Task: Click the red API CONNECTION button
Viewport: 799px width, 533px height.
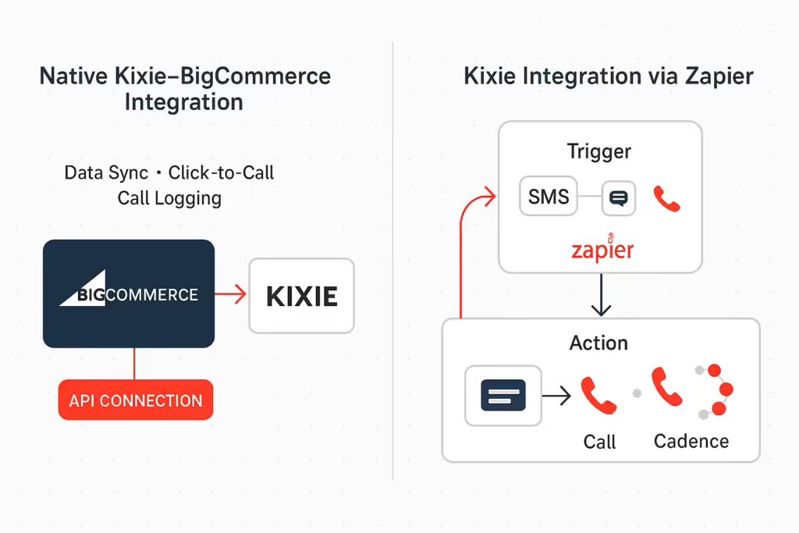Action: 136,400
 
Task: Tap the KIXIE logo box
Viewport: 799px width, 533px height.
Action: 302,296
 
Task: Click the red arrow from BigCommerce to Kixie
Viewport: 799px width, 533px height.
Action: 231,294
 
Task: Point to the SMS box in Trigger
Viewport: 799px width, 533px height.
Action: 549,196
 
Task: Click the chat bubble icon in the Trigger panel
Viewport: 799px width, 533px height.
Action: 619,197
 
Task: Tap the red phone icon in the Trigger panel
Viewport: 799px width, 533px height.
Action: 666,199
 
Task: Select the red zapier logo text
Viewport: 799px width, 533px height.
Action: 602,248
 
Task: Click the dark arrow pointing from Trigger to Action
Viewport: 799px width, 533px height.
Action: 602,295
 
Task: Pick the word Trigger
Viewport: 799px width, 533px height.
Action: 598,151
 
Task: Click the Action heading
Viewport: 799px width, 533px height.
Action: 598,343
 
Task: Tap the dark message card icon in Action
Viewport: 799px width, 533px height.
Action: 503,396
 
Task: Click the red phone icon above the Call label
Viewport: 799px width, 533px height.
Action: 598,396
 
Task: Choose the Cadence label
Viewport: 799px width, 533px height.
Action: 691,441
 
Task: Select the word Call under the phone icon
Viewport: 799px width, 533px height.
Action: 599,442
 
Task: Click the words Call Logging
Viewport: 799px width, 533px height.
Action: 169,198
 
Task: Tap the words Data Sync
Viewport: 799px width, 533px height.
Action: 106,173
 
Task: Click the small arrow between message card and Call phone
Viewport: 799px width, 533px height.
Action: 556,396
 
